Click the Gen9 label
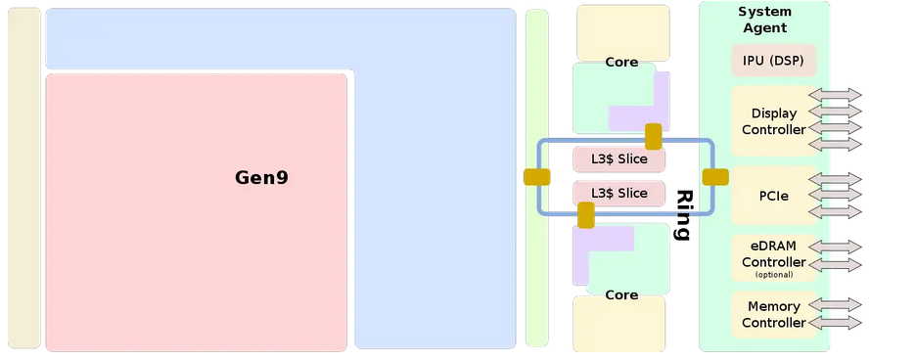(261, 178)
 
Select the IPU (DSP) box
(773, 61)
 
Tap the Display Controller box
(773, 121)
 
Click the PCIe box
(773, 196)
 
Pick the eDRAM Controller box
(773, 256)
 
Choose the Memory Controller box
(773, 315)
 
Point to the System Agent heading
(764, 20)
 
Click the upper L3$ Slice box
(618, 158)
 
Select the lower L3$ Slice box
(618, 193)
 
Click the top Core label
(621, 63)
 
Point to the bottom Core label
(621, 294)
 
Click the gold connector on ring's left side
(537, 177)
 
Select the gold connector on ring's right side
(715, 177)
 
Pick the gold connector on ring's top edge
(654, 136)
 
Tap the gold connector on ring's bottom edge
(586, 215)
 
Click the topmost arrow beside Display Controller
(835, 95)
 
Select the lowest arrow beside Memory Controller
(835, 322)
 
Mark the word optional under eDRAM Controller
(773, 275)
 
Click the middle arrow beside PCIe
(835, 196)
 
